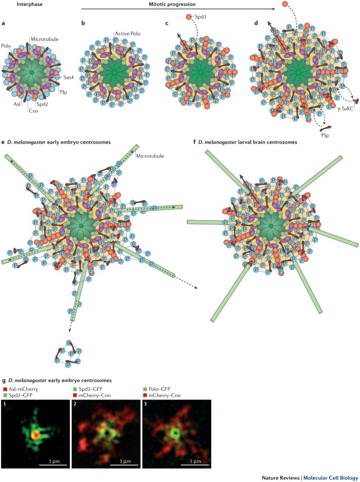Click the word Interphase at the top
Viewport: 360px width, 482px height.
point(19,4)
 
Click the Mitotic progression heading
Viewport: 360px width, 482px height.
point(180,4)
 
